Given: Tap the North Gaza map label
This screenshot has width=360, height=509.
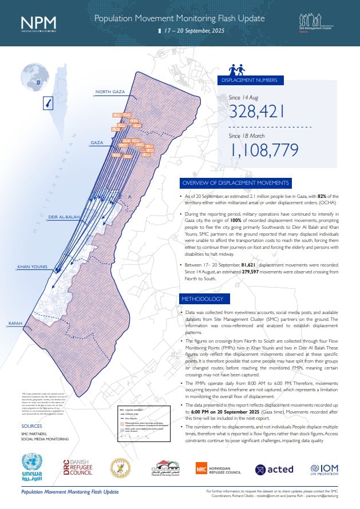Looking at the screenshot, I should pyautogui.click(x=110, y=92).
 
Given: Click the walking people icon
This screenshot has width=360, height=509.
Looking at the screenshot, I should pyautogui.click(x=237, y=70).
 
